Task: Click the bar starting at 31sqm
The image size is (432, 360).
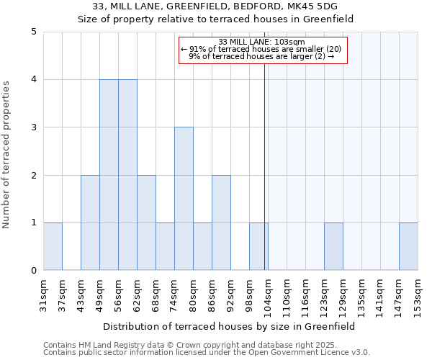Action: click(53, 246)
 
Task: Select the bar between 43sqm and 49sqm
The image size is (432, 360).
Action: click(90, 222)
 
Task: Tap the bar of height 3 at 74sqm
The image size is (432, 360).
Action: click(184, 199)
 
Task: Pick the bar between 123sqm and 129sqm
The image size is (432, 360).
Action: click(333, 246)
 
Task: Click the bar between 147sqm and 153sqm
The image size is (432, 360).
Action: click(408, 246)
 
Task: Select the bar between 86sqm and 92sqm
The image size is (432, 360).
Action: click(221, 222)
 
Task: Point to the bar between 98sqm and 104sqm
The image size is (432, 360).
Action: click(258, 246)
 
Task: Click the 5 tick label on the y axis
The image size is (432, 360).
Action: click(33, 32)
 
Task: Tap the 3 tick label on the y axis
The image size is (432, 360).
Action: click(33, 127)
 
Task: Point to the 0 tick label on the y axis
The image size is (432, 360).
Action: click(33, 271)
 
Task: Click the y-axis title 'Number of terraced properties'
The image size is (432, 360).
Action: click(7, 155)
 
